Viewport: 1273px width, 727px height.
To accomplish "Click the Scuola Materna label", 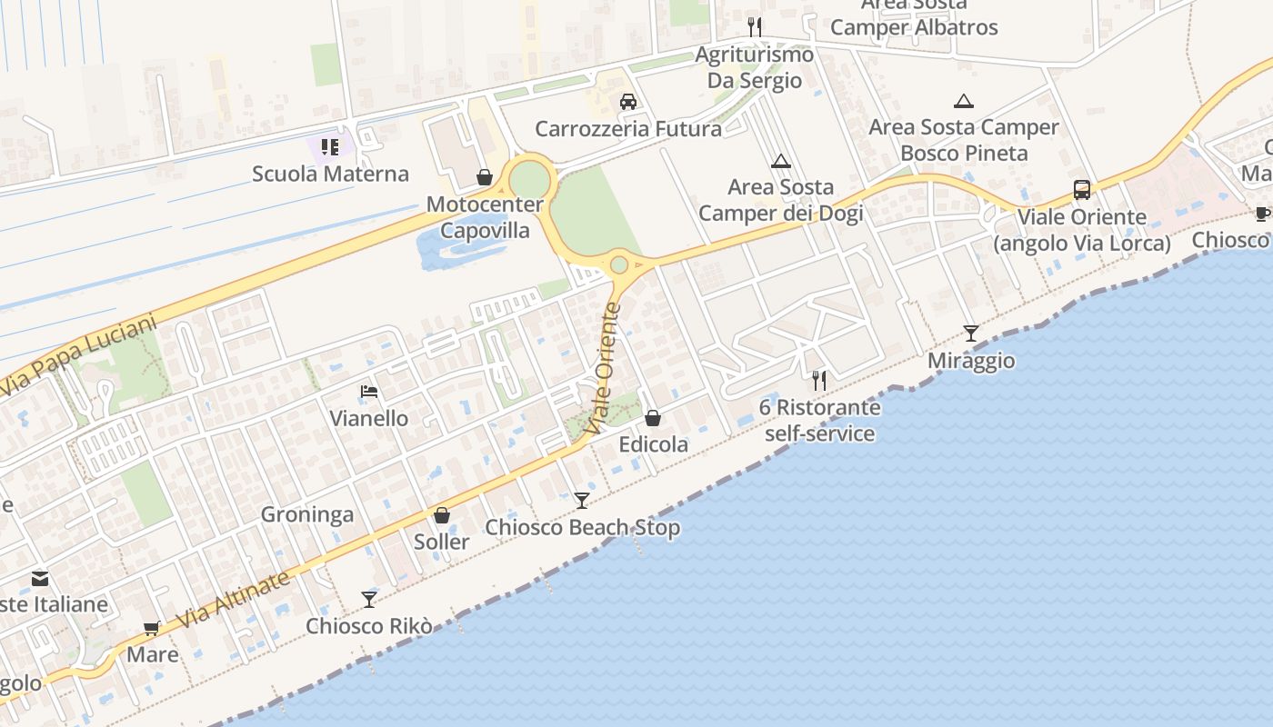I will coord(330,174).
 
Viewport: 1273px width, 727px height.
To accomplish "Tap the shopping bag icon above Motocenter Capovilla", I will coord(485,177).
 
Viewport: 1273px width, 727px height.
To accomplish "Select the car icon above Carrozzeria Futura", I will coord(627,101).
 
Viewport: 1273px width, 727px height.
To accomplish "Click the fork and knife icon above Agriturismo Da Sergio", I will coord(754,26).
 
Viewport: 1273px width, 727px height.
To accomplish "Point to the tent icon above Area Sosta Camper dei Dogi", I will coord(780,162).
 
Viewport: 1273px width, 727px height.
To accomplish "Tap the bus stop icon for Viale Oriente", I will coord(1081,190).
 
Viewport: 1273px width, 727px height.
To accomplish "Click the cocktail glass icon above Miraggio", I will coord(970,334).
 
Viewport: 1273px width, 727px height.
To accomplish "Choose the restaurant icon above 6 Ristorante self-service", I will coord(819,380).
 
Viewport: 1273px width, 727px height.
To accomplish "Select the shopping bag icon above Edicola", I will coord(653,418).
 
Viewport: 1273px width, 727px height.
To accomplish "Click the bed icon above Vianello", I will coord(369,392).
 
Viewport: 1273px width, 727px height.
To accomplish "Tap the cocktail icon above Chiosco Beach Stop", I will coord(582,500).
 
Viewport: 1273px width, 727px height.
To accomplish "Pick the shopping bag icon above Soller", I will coord(442,515).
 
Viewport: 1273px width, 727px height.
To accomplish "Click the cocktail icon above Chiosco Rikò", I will coord(368,599).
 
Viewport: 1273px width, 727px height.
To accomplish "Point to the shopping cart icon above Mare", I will coord(152,628).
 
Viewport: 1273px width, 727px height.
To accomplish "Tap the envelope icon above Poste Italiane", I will coord(40,578).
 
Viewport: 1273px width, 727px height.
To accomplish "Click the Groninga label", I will coord(307,515).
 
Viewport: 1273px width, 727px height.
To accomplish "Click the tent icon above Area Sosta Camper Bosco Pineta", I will coord(963,102).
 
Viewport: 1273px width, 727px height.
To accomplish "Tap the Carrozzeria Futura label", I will coord(628,129).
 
